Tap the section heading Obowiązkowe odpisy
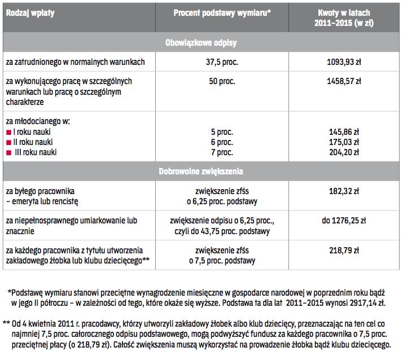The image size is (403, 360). point(201,43)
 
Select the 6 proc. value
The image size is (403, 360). point(221,142)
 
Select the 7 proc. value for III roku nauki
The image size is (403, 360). point(221,152)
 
